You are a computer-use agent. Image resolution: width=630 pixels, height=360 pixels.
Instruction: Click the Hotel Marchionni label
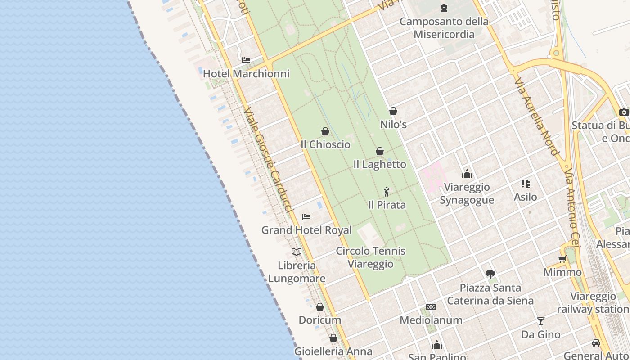pos(246,73)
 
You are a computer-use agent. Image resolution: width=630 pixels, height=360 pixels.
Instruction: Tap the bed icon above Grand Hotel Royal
pos(306,217)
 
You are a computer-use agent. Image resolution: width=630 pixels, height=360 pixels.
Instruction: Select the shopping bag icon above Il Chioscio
pos(325,131)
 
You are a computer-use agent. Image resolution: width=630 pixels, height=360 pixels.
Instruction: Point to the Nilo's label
pos(393,124)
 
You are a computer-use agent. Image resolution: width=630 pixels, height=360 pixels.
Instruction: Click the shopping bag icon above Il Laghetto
pos(380,151)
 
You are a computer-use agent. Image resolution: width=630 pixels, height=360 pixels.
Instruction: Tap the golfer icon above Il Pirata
pos(387,192)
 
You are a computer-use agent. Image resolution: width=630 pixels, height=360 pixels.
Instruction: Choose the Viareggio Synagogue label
pos(467,193)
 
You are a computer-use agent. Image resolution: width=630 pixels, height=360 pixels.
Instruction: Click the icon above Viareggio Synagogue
pos(467,174)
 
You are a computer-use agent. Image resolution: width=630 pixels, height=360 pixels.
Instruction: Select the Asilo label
pos(526,197)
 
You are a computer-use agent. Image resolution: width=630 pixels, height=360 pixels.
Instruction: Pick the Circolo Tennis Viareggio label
pos(371,257)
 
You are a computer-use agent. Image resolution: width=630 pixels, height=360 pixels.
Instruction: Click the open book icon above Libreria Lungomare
pos(297,252)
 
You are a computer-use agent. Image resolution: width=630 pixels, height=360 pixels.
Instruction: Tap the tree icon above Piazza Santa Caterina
pos(490,274)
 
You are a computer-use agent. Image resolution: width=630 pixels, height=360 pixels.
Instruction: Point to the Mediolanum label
pos(431,320)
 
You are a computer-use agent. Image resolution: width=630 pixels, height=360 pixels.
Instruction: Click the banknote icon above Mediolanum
pos(431,307)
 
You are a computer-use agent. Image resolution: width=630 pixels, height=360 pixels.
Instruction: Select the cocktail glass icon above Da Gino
pos(541,321)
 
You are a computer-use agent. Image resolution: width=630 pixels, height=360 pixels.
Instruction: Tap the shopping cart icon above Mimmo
pos(562,259)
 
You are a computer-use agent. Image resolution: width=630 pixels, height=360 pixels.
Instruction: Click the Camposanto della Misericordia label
pos(444,28)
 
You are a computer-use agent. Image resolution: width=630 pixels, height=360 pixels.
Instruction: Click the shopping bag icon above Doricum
pos(320,307)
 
